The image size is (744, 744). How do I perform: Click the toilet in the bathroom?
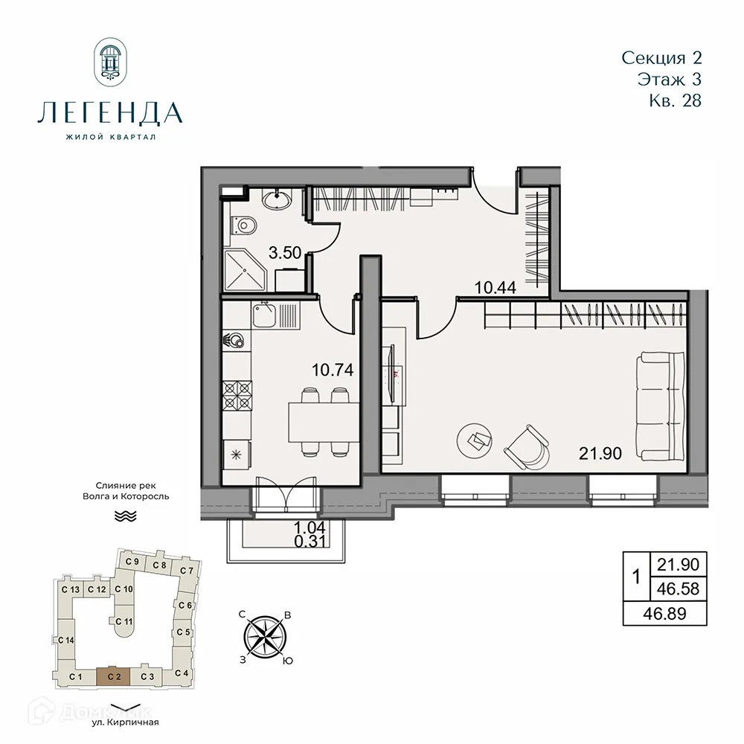(x=243, y=223)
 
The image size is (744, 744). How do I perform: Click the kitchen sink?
(x=264, y=315)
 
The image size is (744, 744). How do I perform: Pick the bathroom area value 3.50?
(x=284, y=253)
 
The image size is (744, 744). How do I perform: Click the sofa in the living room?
(x=661, y=407)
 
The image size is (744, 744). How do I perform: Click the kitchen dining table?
(x=325, y=421)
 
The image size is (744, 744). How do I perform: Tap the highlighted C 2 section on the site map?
(x=113, y=676)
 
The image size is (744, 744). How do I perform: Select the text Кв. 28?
(x=675, y=101)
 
